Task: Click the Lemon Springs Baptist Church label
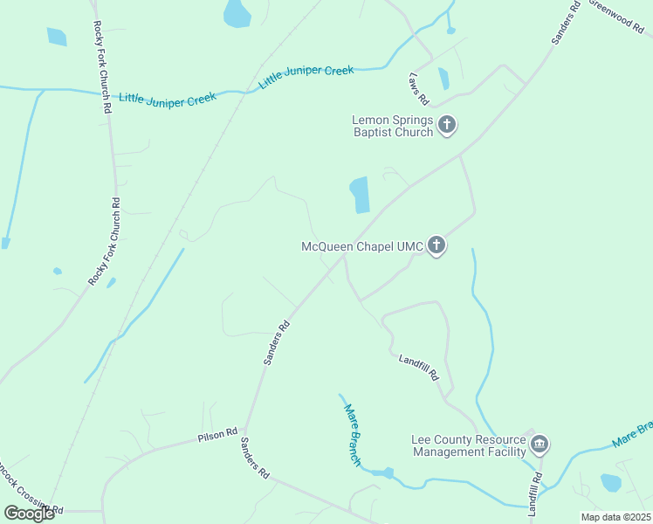tap(392, 127)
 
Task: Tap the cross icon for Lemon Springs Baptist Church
tap(447, 126)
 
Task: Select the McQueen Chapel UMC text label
tap(362, 247)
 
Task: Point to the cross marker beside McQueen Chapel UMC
tap(436, 246)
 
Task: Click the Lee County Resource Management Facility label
tap(469, 445)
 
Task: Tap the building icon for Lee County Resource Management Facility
tap(540, 445)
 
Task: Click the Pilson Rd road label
tap(217, 433)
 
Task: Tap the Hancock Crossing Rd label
tap(31, 506)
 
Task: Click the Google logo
tap(29, 514)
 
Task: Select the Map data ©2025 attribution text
tap(616, 517)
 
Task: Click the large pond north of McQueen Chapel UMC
tap(360, 195)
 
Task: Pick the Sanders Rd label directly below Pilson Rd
tap(255, 458)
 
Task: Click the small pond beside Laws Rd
tap(443, 79)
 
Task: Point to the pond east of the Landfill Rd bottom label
tap(610, 483)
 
